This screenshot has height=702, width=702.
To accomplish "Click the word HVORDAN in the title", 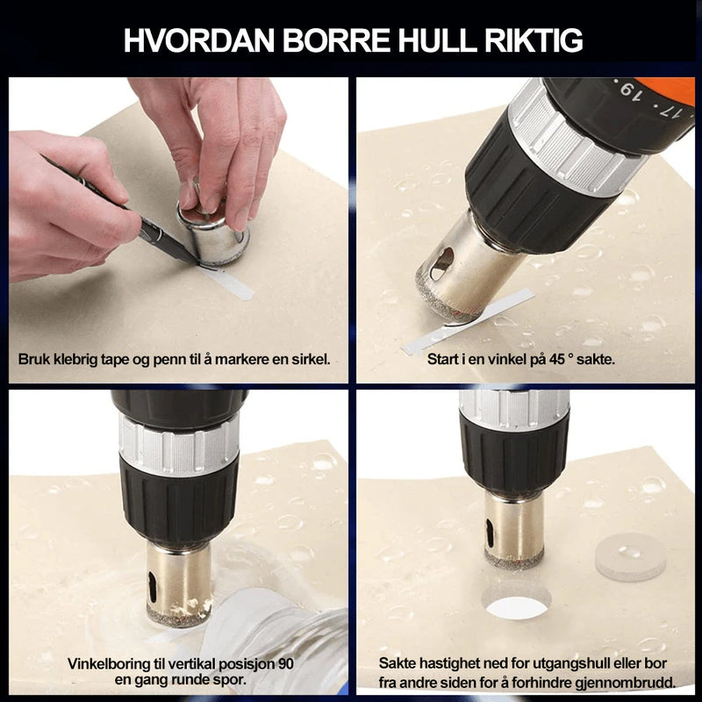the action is point(199,40).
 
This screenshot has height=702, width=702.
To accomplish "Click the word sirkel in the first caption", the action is point(311,359).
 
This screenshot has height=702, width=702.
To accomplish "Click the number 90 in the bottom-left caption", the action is point(286,663).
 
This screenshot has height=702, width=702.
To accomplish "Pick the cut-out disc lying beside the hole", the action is point(630,556).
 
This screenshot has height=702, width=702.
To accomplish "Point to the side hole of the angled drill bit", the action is point(441,264).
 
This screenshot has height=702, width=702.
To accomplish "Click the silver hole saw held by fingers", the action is point(214,233).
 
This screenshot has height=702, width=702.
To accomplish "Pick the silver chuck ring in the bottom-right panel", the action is point(514,409).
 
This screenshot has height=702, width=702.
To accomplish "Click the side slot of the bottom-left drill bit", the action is point(153,587).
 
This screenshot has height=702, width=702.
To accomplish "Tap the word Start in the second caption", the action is point(443,359).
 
